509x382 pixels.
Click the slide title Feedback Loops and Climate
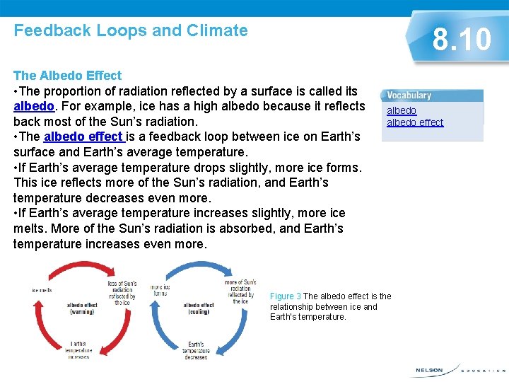tap(131, 30)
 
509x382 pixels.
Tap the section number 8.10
tap(462, 40)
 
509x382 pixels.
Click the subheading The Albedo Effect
tap(67, 75)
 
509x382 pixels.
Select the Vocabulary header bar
tap(432, 95)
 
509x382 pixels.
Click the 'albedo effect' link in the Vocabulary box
tap(415, 122)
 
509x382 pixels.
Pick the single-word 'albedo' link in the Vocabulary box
tap(402, 110)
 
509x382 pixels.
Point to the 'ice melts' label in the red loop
tap(42, 290)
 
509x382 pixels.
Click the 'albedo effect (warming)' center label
tap(82, 308)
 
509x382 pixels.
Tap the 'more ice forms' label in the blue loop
tap(160, 290)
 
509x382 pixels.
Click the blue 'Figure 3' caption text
tap(286, 296)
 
